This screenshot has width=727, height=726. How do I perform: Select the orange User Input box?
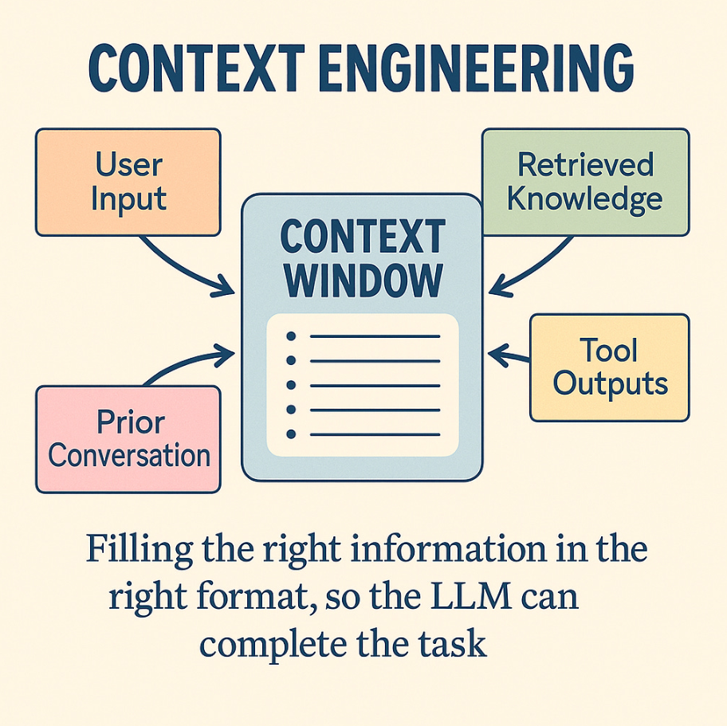tap(128, 182)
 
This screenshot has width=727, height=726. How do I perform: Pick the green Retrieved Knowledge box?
tap(585, 182)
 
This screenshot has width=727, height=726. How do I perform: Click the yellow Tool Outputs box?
tap(609, 367)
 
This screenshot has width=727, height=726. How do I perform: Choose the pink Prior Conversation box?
tap(128, 439)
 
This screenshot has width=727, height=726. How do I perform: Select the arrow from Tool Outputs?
tap(510, 353)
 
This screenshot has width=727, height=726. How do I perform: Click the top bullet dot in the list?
tap(291, 336)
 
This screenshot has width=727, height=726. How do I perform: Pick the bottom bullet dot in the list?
tap(291, 434)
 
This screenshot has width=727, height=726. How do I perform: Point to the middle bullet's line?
tap(375, 386)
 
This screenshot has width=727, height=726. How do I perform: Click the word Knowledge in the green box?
tap(585, 198)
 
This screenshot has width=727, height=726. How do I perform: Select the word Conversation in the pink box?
tap(128, 456)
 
